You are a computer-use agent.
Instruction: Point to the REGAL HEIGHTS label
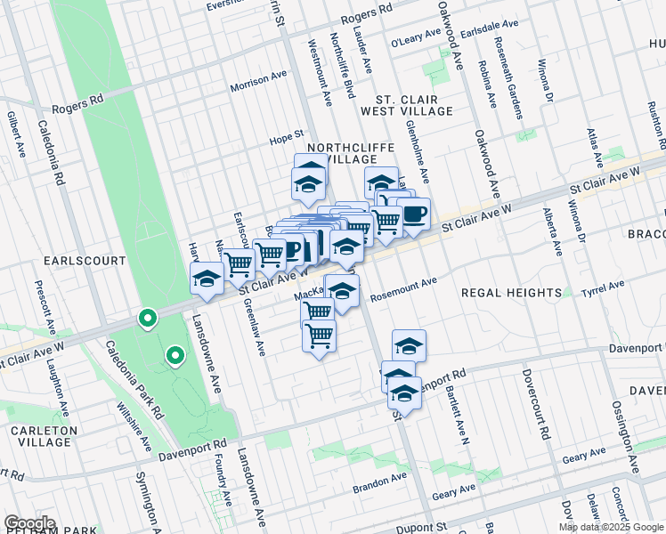point(511,292)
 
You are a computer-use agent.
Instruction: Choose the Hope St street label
point(288,140)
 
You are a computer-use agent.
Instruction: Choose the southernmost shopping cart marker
point(319,336)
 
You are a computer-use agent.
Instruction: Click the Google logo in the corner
point(29,523)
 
